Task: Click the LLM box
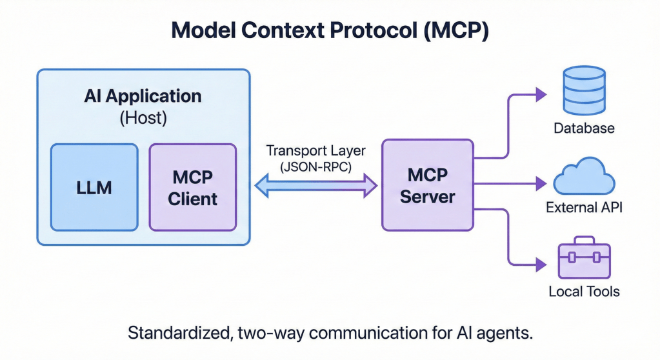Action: coord(94,187)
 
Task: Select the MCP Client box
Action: coord(192,187)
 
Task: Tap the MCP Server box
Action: coord(427,186)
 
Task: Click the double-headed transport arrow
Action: coord(316,186)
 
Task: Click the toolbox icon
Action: coord(584,259)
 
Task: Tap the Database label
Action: coord(584,128)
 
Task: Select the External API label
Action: coord(584,208)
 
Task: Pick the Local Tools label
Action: coord(584,292)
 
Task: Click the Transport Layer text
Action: coord(315,151)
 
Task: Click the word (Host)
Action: coord(143,118)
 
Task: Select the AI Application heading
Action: coord(143,97)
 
